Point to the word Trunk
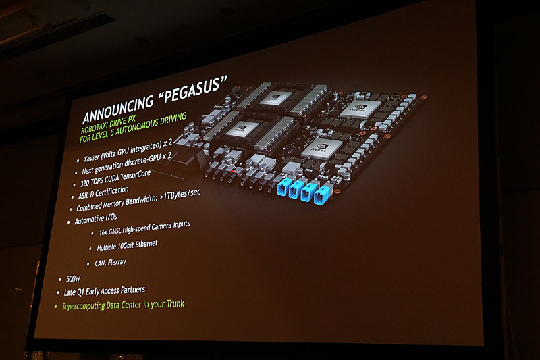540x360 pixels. [x=172, y=304]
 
